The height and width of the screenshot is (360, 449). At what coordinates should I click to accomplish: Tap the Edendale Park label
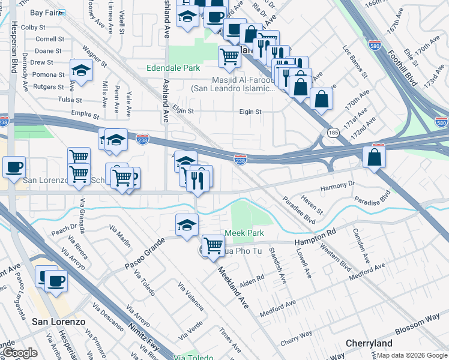[x=173, y=68]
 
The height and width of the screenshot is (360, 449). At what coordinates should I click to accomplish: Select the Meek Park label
[x=244, y=233]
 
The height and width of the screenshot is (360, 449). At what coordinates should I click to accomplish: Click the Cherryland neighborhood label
[x=369, y=343]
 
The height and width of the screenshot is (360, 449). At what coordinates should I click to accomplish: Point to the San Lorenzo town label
[x=58, y=322]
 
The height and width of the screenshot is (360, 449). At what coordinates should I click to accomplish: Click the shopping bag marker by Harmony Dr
[x=374, y=157]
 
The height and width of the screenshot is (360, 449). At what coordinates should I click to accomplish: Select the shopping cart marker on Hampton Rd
[x=213, y=245]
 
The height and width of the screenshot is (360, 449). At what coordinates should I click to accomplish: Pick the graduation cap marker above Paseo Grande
[x=187, y=224]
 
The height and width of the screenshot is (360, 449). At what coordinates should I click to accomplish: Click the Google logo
[x=20, y=353]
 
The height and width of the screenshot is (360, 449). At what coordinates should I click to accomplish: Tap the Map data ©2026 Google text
[x=411, y=355]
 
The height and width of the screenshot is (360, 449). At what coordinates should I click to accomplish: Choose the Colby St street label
[x=33, y=28]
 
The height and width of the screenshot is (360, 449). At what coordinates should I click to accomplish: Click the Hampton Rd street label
[x=314, y=238]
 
